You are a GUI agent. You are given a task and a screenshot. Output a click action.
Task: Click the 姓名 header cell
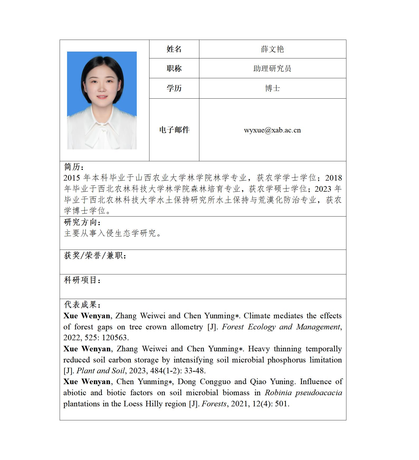174,49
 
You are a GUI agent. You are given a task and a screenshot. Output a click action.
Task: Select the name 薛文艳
272,49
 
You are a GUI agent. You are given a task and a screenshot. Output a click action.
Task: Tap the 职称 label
174,68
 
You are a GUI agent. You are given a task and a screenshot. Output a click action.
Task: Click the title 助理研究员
272,68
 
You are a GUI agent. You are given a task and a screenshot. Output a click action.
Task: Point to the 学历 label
174,88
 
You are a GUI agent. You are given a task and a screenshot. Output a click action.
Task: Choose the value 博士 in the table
272,88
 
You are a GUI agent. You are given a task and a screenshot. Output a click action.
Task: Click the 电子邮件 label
174,130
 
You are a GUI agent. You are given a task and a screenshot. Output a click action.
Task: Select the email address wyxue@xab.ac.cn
272,130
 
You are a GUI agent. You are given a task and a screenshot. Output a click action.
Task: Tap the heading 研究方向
82,222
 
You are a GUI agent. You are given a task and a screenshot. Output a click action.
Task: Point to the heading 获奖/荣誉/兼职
95,255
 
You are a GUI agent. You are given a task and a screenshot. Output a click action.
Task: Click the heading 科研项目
82,280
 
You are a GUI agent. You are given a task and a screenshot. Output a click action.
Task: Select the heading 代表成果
82,305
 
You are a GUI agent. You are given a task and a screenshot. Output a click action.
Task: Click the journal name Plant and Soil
101,371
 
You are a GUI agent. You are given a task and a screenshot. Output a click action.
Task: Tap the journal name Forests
214,404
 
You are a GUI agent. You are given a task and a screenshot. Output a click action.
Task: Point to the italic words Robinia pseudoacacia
303,393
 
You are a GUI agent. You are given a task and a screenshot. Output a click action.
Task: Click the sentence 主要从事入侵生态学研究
112,233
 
